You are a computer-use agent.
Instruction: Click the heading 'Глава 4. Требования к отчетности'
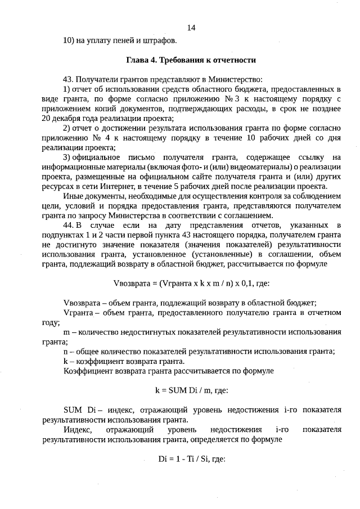coord(191,60)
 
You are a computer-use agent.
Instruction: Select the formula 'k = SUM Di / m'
coord(191,391)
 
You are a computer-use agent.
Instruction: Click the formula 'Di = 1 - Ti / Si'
coord(192,459)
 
